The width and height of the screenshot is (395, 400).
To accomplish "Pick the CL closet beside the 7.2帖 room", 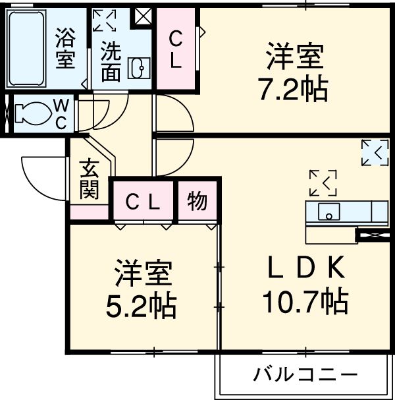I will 177,49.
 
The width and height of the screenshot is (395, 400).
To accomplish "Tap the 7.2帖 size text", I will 294,89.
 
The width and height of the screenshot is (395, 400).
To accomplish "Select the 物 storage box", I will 197,201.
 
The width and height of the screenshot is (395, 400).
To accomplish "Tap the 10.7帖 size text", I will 305,302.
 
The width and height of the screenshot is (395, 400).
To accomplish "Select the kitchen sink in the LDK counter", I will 328,212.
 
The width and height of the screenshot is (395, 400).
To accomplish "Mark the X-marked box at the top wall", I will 143,16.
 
